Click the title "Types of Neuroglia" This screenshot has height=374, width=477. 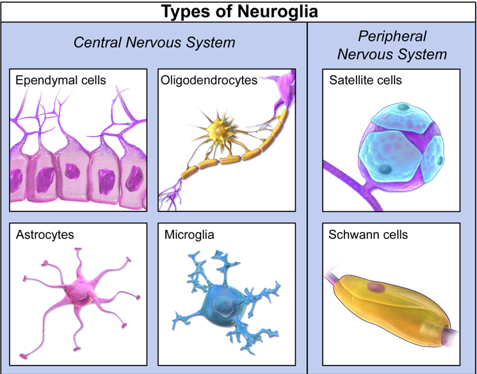(x=239, y=12)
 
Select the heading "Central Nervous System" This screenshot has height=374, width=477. (x=154, y=42)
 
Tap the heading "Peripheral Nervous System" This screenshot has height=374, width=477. (x=392, y=45)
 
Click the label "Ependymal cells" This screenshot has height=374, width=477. (x=61, y=80)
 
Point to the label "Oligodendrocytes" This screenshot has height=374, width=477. (x=209, y=80)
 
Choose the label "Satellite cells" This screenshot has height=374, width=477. (x=366, y=80)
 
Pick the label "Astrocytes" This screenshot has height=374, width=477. (x=45, y=234)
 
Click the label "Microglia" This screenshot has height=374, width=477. (x=190, y=234)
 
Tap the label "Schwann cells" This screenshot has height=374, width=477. (x=368, y=234)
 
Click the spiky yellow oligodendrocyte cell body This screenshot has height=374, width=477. (x=218, y=130)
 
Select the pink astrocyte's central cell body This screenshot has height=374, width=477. (x=79, y=293)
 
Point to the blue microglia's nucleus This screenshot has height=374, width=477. (x=223, y=305)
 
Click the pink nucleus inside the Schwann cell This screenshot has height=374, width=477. (x=376, y=287)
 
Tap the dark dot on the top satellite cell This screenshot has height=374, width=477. (x=403, y=107)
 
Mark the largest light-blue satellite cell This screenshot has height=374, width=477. (x=391, y=156)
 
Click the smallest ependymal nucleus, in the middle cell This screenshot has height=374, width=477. (x=72, y=171)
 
